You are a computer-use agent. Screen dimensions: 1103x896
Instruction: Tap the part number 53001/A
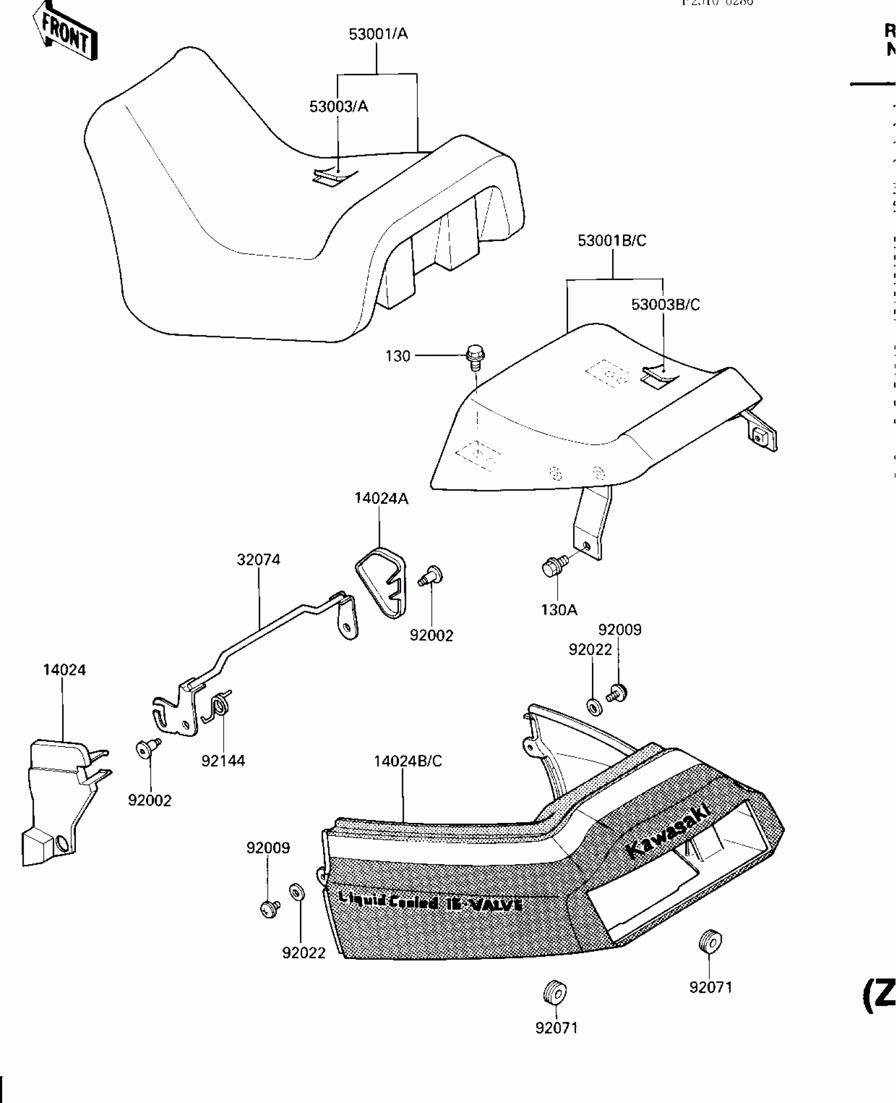point(378,34)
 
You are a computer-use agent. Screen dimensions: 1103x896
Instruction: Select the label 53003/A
point(338,107)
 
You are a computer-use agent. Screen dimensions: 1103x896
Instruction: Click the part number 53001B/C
point(611,241)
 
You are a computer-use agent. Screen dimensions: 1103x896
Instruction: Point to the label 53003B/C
point(665,304)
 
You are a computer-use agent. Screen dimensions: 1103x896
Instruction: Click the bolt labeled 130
point(475,357)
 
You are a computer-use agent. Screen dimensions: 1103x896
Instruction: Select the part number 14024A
point(381,498)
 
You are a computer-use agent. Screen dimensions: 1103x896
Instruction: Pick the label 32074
point(258,560)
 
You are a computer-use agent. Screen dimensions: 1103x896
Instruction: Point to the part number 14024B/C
point(407,761)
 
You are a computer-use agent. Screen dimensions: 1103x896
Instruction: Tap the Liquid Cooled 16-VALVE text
point(430,902)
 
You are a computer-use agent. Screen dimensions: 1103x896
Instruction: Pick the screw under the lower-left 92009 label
point(270,908)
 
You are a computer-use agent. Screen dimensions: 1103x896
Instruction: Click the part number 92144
point(223,761)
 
